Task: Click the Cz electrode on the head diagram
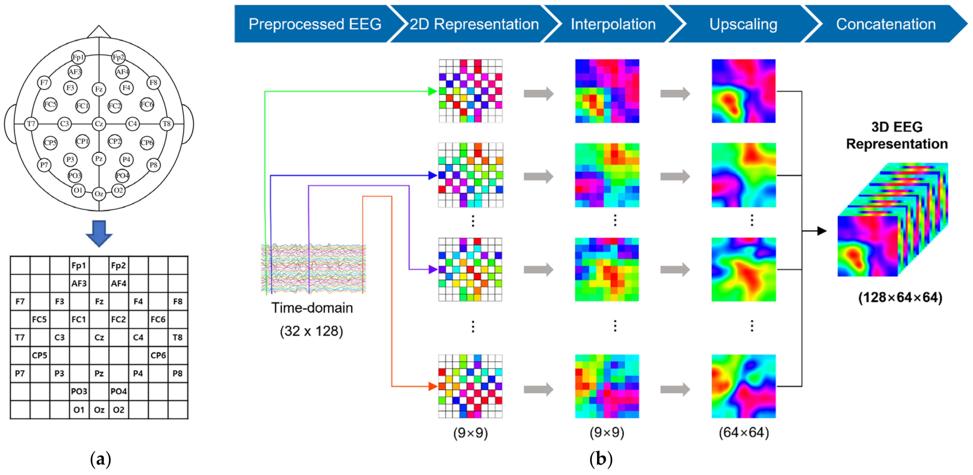pyautogui.click(x=99, y=123)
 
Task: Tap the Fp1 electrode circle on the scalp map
pyautogui.click(x=78, y=57)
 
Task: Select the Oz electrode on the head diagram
pyautogui.click(x=99, y=194)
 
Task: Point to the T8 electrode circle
pyautogui.click(x=167, y=123)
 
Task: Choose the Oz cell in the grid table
pyautogui.click(x=99, y=410)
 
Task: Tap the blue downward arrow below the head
pyautogui.click(x=99, y=233)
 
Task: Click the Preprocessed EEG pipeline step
pyautogui.click(x=315, y=24)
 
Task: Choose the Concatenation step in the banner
pyautogui.click(x=885, y=24)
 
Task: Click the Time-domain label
pyautogui.click(x=312, y=308)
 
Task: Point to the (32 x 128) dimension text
pyautogui.click(x=311, y=331)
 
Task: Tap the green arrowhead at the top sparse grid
pyautogui.click(x=433, y=91)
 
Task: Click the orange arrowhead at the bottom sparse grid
pyautogui.click(x=433, y=386)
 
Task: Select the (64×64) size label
pyautogui.click(x=743, y=432)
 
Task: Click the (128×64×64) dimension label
pyautogui.click(x=900, y=297)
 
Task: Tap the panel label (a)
pyautogui.click(x=101, y=459)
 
